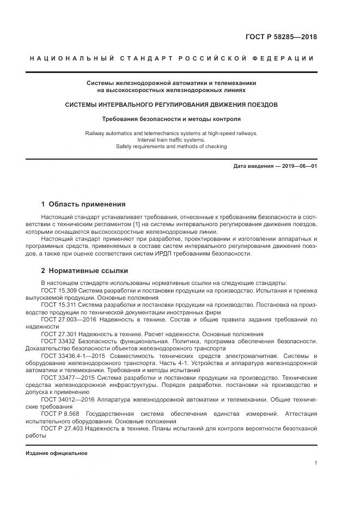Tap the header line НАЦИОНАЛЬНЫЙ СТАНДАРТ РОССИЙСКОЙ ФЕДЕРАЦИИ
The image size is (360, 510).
[x=172, y=58]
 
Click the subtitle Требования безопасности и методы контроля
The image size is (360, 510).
[x=172, y=118]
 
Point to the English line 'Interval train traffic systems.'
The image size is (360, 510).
[x=172, y=139]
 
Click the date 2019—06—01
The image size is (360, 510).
[x=300, y=165]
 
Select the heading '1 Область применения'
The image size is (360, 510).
[x=83, y=204]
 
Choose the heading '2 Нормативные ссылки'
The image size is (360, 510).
[x=84, y=270]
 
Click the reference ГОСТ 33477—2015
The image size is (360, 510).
[x=66, y=378]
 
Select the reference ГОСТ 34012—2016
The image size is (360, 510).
[x=66, y=399]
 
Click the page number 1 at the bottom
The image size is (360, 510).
[x=315, y=463]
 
